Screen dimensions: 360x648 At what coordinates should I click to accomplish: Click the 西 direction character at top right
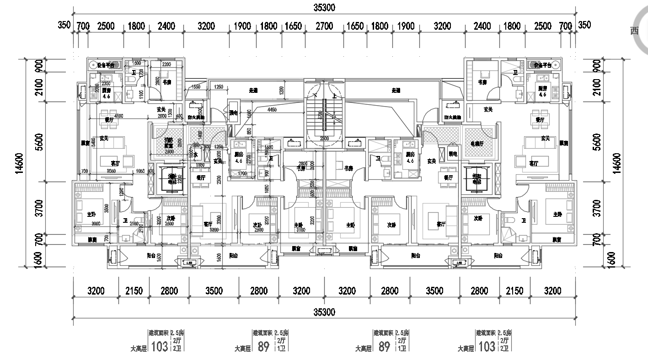click(634, 31)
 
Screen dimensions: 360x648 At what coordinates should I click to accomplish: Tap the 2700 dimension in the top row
click(324, 26)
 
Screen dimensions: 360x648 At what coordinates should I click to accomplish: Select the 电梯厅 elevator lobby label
click(477, 143)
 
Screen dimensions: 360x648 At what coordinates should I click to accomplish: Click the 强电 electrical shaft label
click(234, 113)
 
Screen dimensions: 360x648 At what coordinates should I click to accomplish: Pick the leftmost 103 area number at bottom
click(159, 347)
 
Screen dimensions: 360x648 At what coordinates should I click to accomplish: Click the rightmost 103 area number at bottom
click(487, 347)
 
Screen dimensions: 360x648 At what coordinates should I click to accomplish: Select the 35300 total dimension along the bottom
click(324, 312)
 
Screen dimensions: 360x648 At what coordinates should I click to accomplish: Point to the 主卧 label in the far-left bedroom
click(91, 214)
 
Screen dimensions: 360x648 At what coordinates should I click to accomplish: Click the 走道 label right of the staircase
click(396, 91)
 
